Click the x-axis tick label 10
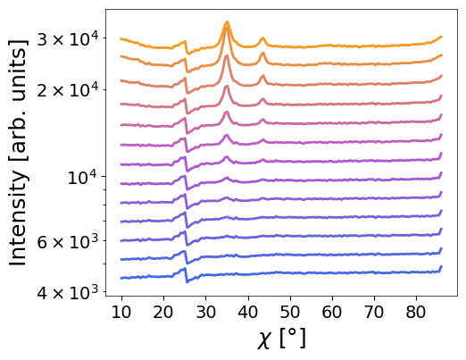(121, 313)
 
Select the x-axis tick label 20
(163, 313)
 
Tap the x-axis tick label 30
(205, 313)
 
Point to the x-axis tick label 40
(247, 313)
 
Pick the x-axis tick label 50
(289, 313)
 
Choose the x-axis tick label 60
(332, 313)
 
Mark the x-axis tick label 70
(374, 313)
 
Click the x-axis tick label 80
(416, 313)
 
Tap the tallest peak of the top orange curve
(228, 22)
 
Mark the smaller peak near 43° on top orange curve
(262, 38)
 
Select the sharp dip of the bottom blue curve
(187, 281)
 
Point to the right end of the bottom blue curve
(442, 266)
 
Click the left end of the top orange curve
(121, 38)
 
